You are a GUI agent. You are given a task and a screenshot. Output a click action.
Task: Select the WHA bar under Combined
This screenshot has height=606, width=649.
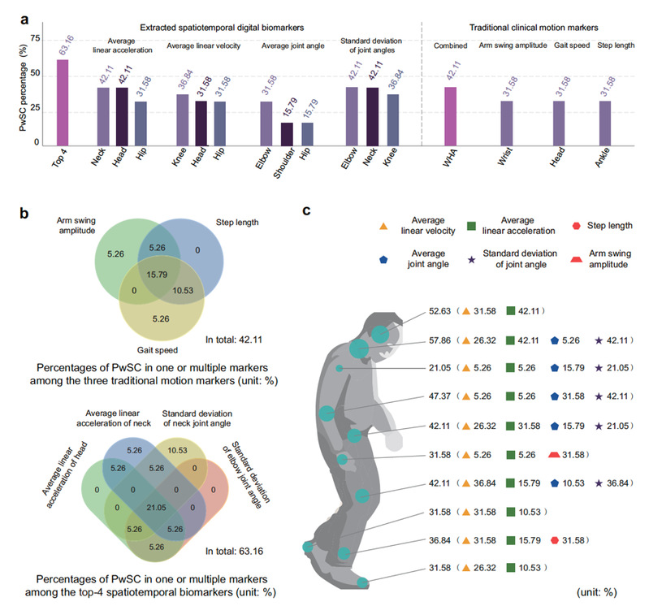tap(451, 117)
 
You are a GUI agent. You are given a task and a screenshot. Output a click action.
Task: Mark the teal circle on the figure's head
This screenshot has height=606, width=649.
tap(381, 332)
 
